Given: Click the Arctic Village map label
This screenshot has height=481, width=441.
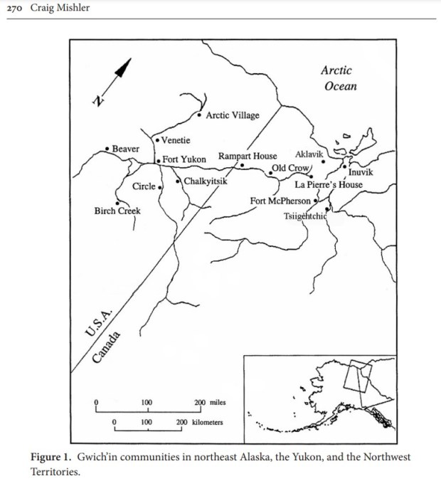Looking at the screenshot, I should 233,115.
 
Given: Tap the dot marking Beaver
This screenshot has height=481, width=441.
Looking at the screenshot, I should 107,148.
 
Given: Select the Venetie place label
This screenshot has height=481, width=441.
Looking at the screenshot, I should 175,140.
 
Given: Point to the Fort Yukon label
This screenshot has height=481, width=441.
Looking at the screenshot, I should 184,159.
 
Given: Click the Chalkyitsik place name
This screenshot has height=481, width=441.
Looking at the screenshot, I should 206,181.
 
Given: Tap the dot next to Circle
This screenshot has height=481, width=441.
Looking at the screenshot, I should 160,186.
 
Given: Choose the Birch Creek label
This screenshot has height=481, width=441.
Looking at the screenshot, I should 117,211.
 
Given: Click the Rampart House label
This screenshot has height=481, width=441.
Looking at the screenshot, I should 248,157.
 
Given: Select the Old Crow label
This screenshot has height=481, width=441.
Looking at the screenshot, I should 289,168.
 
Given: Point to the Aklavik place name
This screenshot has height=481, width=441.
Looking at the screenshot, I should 309,154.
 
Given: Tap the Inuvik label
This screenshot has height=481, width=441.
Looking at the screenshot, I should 359,172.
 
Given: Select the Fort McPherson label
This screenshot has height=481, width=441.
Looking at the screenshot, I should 280,201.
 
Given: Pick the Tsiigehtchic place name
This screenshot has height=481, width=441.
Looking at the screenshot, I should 304,216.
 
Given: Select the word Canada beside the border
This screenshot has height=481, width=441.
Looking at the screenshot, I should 107,347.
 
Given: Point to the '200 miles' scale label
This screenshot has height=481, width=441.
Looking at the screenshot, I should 210,403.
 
